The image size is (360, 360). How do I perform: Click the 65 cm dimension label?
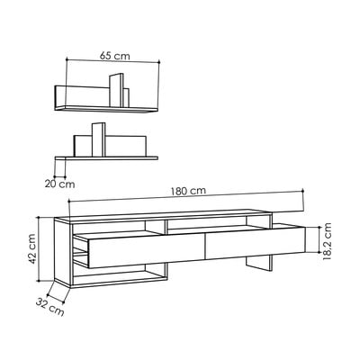point(115,56)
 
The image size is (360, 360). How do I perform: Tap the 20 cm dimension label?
point(60,184)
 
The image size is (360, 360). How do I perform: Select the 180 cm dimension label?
point(188,191)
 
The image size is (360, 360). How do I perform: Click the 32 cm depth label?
point(50,307)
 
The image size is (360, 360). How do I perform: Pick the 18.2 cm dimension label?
point(327,241)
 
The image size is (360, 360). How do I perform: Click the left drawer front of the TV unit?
point(146,250)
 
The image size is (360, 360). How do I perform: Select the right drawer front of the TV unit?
point(256,243)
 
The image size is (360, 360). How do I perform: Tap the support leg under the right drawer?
point(258,264)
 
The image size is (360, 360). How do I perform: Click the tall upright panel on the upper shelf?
point(116,90)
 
